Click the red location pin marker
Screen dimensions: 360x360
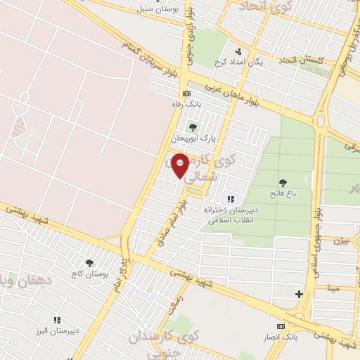click(181, 165)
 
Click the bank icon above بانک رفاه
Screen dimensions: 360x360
click(186, 94)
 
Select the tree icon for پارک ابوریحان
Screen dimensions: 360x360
click(192, 127)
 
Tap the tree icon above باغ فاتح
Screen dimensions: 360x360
click(283, 182)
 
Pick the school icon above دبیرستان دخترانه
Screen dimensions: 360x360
click(230, 200)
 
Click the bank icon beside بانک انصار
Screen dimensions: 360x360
click(281, 327)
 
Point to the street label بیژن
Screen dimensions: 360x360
click(342, 240)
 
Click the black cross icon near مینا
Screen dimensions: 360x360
click(300, 294)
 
